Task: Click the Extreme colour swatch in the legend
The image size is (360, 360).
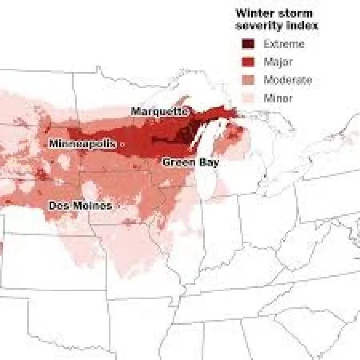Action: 248,44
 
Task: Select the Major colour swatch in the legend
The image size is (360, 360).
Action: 248,62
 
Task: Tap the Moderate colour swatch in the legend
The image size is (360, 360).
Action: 248,80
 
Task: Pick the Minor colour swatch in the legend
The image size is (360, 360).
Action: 248,98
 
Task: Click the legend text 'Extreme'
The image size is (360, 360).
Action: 284,44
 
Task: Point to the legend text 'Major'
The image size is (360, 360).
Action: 278,62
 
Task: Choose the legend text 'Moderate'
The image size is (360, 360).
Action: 288,80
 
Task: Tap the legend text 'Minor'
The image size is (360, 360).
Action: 278,98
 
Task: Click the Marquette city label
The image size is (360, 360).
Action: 160,111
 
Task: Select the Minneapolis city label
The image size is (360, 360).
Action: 82,144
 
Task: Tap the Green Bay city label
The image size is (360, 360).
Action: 190,162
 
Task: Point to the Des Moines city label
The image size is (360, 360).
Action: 80,206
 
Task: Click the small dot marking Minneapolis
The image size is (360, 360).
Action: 122,144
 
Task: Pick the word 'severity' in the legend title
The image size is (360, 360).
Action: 257,25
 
